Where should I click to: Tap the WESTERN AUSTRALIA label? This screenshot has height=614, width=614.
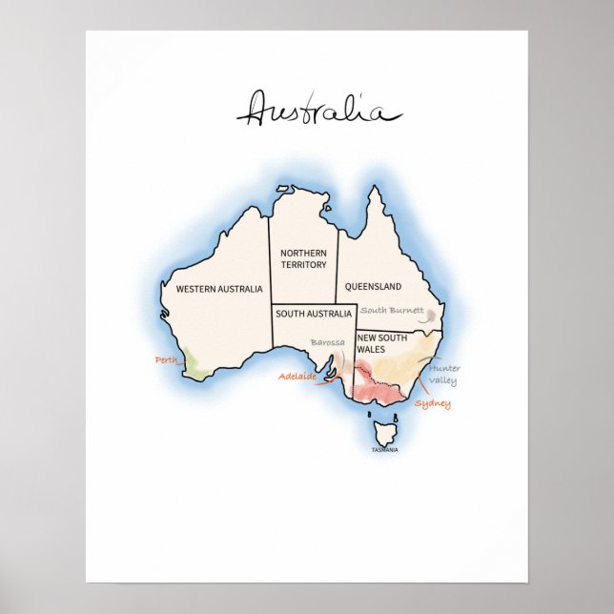[219, 288]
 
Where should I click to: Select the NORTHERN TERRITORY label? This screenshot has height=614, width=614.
[303, 258]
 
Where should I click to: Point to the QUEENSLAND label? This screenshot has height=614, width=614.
[373, 286]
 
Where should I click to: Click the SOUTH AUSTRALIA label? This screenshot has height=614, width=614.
[314, 313]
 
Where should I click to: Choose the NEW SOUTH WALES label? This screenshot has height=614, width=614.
[382, 343]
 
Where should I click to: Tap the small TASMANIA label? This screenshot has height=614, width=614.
[385, 450]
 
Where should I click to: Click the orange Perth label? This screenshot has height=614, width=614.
[167, 359]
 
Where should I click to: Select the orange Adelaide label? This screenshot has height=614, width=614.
[297, 377]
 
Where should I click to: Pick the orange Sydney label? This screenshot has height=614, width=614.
[433, 404]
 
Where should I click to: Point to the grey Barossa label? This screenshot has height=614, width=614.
[327, 342]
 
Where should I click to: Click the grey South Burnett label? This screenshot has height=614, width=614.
[392, 310]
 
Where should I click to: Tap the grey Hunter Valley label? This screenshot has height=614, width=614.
[443, 375]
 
